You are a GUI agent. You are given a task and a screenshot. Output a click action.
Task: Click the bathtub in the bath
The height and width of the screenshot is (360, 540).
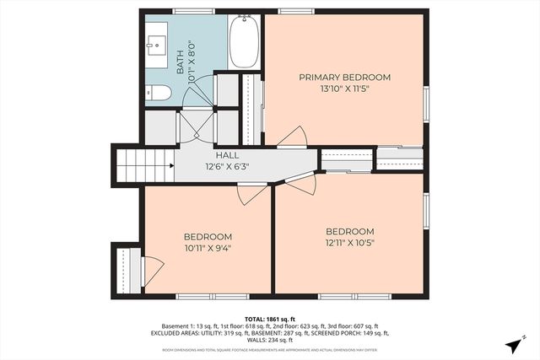[x=245, y=42]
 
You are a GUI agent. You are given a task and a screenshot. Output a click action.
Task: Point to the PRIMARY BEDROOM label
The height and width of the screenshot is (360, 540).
[x=344, y=78]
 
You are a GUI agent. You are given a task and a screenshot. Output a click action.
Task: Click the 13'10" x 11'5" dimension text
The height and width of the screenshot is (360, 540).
[x=344, y=88]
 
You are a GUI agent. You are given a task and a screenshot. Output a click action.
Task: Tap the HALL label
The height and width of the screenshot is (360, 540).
[x=227, y=156]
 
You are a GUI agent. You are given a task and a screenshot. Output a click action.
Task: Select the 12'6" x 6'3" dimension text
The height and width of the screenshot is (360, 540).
[x=227, y=166]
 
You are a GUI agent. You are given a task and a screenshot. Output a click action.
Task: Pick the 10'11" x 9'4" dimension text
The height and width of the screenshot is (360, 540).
[x=208, y=248]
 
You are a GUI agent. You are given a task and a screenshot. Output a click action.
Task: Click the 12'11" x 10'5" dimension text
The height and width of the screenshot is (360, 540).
[x=349, y=243]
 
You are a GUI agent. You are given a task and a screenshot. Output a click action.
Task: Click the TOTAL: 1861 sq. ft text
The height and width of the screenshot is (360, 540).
[x=270, y=320]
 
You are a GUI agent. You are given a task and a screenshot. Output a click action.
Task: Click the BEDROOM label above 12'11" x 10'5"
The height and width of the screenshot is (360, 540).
[x=349, y=232]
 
